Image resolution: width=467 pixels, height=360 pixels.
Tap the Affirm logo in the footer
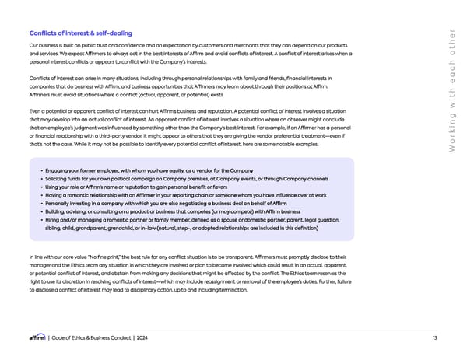(37, 337)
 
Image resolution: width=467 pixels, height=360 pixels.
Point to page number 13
(433, 337)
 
